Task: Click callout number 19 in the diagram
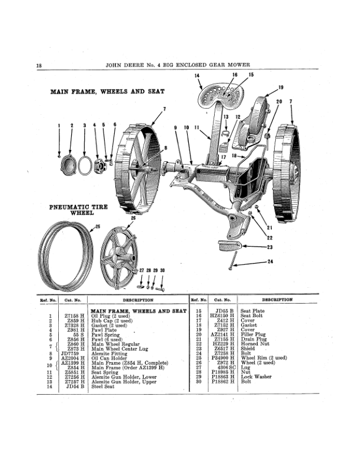pyautogui.click(x=281, y=88)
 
